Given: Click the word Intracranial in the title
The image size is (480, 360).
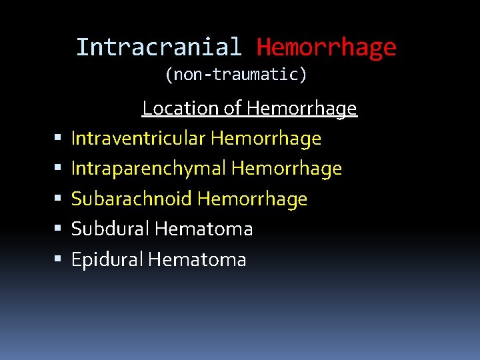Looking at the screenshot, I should (x=159, y=47).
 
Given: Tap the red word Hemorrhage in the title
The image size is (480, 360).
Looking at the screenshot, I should (x=326, y=47).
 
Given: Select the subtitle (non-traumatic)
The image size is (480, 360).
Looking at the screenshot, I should (x=236, y=75).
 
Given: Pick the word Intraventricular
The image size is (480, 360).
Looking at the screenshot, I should (x=139, y=139).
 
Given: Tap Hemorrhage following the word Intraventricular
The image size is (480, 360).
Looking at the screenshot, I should (x=266, y=139).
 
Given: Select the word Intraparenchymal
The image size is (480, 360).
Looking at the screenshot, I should (x=149, y=169).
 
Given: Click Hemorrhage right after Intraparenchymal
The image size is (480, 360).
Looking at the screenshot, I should (x=287, y=169).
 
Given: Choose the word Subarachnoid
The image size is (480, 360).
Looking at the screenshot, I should (x=131, y=199).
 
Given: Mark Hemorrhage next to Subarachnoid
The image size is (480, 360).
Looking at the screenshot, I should (x=253, y=199).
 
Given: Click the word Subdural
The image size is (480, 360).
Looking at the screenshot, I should (x=111, y=229).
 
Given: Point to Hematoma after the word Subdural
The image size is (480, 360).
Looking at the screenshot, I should (x=204, y=229).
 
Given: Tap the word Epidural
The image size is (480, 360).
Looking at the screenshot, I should (x=107, y=259).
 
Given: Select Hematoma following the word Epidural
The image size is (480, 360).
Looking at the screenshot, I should (x=197, y=259).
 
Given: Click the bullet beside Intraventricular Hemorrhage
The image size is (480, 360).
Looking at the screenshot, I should (x=59, y=139).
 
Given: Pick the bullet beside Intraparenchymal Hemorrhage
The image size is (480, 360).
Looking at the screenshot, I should (x=59, y=169).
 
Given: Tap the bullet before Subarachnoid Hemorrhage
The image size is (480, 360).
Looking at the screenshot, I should (x=59, y=199).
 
